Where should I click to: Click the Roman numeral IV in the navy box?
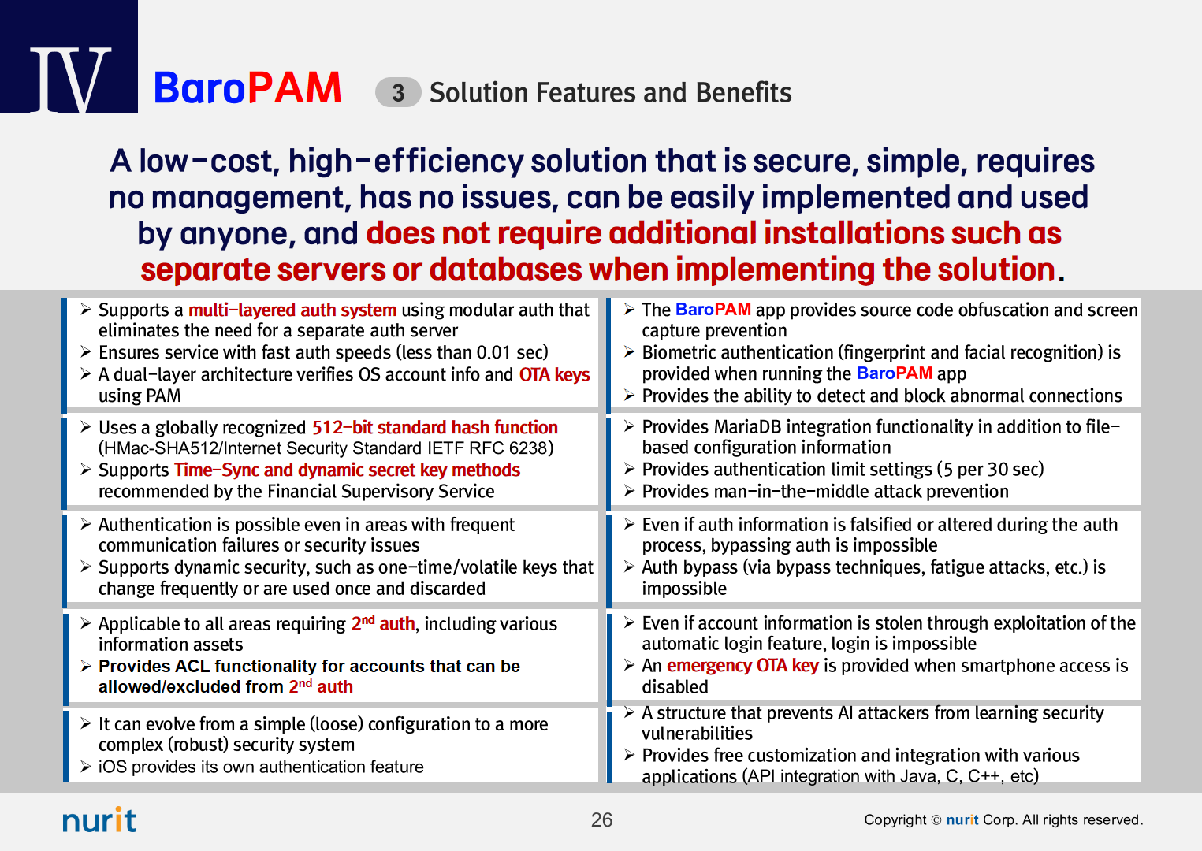[70, 80]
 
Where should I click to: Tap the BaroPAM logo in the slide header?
[247, 87]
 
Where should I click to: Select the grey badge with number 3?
[397, 92]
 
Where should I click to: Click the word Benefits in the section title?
[744, 92]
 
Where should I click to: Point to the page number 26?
[601, 820]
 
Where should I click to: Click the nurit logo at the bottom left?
[99, 819]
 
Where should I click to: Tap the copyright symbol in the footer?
[936, 820]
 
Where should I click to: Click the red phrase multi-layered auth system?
[292, 310]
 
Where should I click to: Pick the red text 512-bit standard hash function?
[435, 427]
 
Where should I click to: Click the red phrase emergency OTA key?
[742, 666]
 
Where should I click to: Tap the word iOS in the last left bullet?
[113, 767]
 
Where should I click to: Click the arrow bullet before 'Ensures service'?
[86, 352]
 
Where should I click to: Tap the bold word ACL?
[192, 666]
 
